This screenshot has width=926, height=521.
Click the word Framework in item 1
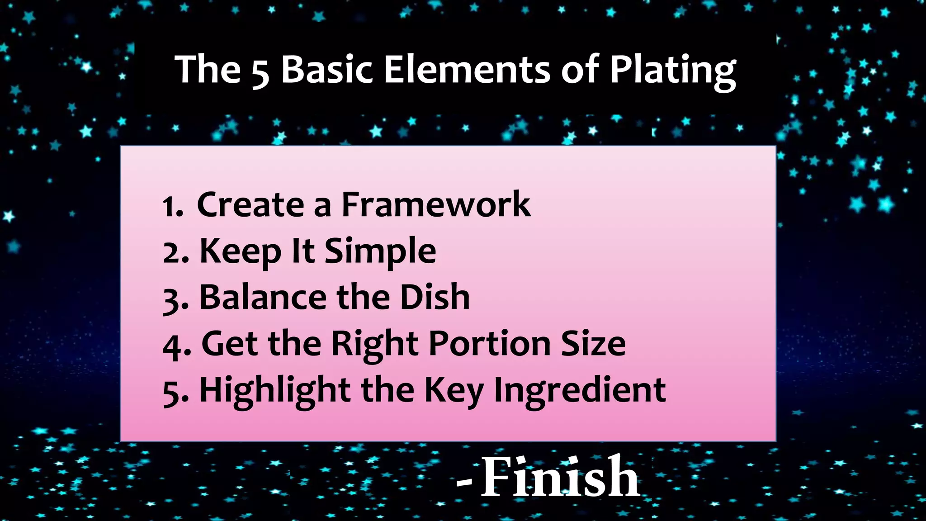[x=435, y=205]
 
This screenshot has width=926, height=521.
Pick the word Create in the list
[x=250, y=205]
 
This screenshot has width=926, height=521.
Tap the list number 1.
[x=172, y=207]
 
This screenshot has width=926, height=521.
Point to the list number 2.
[x=175, y=253]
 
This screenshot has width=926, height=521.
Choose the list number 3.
[x=175, y=299]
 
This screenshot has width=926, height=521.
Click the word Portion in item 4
[x=489, y=344]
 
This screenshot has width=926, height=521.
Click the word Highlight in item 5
[x=275, y=391]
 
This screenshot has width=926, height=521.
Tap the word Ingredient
[x=580, y=391]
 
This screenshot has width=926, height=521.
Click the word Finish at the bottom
[x=559, y=477]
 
